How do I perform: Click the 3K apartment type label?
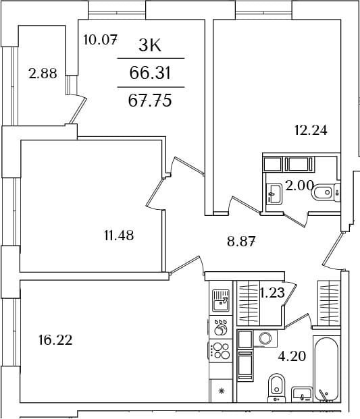pos(150,46)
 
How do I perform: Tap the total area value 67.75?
pos(150,101)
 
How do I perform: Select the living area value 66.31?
pos(150,73)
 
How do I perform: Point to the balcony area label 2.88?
pos(43,74)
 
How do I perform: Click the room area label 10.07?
pos(100,40)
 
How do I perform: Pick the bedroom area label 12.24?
pos(311,130)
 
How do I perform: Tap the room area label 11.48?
pos(119,235)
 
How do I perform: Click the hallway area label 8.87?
pos(241,242)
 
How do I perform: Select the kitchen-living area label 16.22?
pos(55,340)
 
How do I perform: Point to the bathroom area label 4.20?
pos(292,356)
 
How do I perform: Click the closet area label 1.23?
pos(272,293)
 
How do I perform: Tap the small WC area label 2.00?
pos(299,185)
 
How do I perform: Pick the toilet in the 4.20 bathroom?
pos(277,388)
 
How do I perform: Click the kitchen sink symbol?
pos(221,300)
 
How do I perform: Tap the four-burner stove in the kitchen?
pos(221,351)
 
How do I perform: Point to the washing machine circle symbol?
pos(265,338)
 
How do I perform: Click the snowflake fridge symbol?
pos(221,391)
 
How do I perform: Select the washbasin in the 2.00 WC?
pos(274,194)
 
